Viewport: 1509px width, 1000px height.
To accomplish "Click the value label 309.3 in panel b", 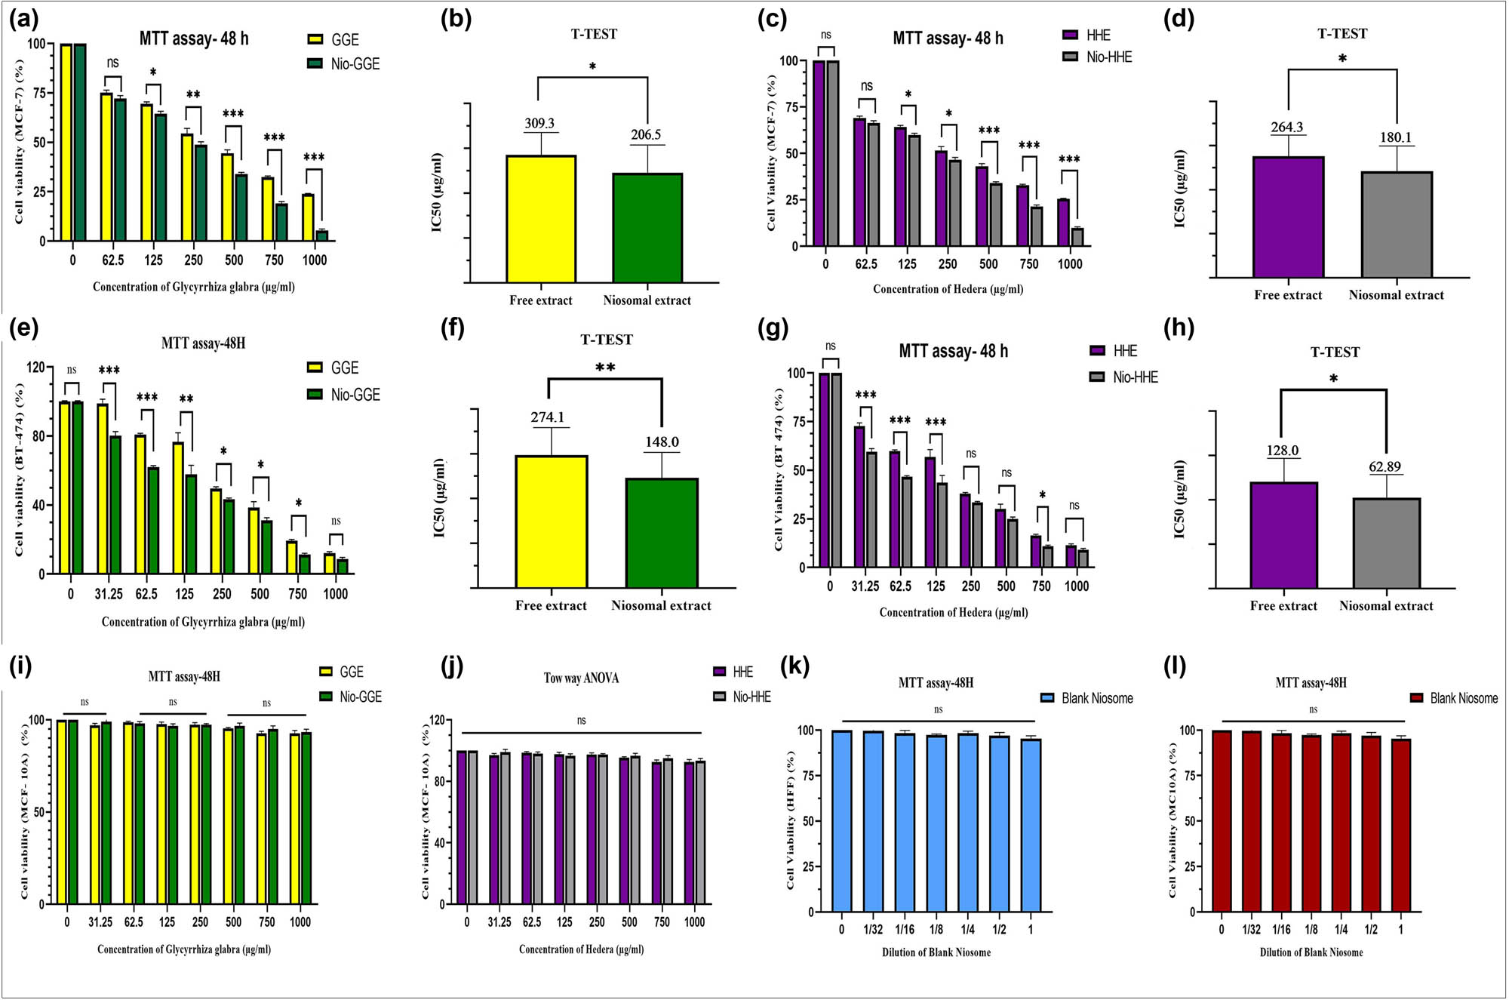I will click(x=539, y=123).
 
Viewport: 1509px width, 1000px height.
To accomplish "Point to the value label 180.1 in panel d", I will click(x=1396, y=137).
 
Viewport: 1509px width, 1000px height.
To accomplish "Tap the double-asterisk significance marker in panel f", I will click(x=605, y=368).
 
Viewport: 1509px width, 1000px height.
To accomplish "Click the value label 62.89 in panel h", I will click(x=1385, y=466).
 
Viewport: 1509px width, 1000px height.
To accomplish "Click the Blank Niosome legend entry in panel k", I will click(x=1087, y=698).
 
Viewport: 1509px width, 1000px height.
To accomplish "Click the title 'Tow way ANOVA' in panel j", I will click(x=581, y=678).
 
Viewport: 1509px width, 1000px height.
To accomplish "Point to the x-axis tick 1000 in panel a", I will click(x=315, y=260).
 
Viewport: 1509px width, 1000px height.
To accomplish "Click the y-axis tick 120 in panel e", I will click(x=35, y=368).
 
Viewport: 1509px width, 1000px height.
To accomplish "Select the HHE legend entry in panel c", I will click(x=1087, y=35).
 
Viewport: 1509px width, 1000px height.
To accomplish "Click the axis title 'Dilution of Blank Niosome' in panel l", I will click(x=1311, y=952).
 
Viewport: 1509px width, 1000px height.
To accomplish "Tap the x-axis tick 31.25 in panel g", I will click(x=865, y=586).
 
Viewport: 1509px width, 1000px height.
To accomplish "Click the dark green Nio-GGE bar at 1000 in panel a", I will click(x=322, y=235).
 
